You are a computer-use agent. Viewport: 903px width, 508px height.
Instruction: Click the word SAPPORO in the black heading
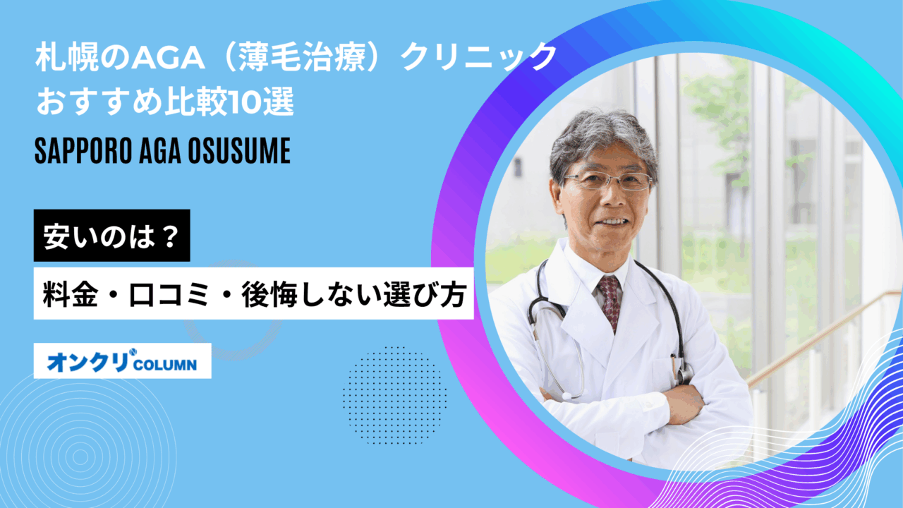83,151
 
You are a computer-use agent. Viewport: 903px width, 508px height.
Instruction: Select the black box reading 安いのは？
111,236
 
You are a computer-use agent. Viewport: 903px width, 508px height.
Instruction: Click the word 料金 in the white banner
70,294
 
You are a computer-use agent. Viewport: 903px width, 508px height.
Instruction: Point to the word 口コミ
169,294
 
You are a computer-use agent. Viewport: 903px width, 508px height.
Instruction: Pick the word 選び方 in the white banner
425,294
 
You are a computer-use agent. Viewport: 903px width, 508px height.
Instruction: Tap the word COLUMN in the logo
165,365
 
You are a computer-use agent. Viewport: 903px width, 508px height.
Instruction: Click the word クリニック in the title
478,58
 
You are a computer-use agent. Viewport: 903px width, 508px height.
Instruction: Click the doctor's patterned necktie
610,303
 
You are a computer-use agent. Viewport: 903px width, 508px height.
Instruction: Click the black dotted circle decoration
394,395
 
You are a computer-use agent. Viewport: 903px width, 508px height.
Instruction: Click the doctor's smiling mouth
613,222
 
